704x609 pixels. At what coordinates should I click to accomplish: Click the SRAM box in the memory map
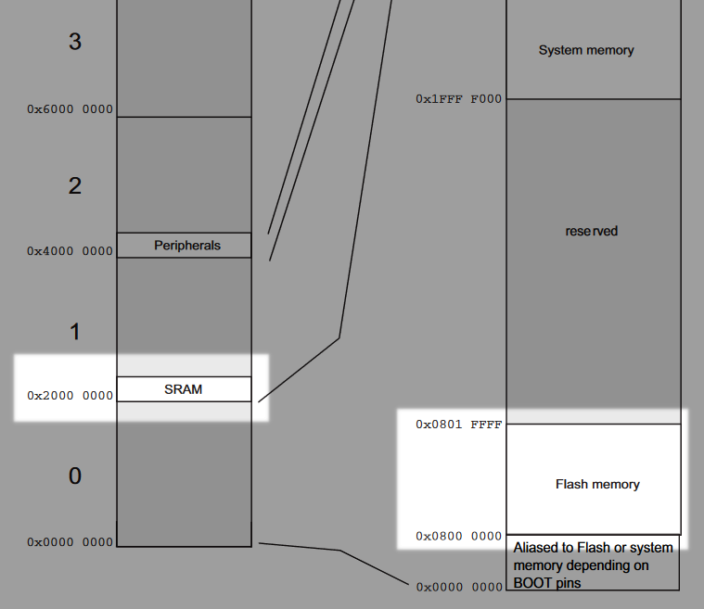click(184, 389)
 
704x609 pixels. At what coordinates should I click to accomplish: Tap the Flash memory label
click(597, 484)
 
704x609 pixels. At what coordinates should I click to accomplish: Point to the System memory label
click(586, 50)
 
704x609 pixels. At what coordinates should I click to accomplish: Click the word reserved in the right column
click(592, 231)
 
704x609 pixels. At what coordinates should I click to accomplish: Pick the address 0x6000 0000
click(70, 109)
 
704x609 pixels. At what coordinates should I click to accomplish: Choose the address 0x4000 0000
click(70, 251)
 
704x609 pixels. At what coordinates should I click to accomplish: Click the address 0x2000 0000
click(70, 396)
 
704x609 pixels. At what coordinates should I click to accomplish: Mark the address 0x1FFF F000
click(458, 98)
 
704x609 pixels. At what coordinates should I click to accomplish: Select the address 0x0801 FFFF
click(458, 425)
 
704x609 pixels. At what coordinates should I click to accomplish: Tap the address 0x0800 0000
click(458, 536)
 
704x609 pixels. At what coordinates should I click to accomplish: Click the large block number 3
click(75, 41)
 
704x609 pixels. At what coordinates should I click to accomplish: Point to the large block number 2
click(75, 185)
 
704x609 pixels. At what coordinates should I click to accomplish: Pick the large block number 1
click(75, 331)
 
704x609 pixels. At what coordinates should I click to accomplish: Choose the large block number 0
click(75, 476)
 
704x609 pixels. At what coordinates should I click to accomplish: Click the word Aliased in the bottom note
click(535, 548)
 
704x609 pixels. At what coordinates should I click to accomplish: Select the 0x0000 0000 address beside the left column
click(70, 542)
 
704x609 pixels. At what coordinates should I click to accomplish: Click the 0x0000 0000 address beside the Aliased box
click(458, 587)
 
